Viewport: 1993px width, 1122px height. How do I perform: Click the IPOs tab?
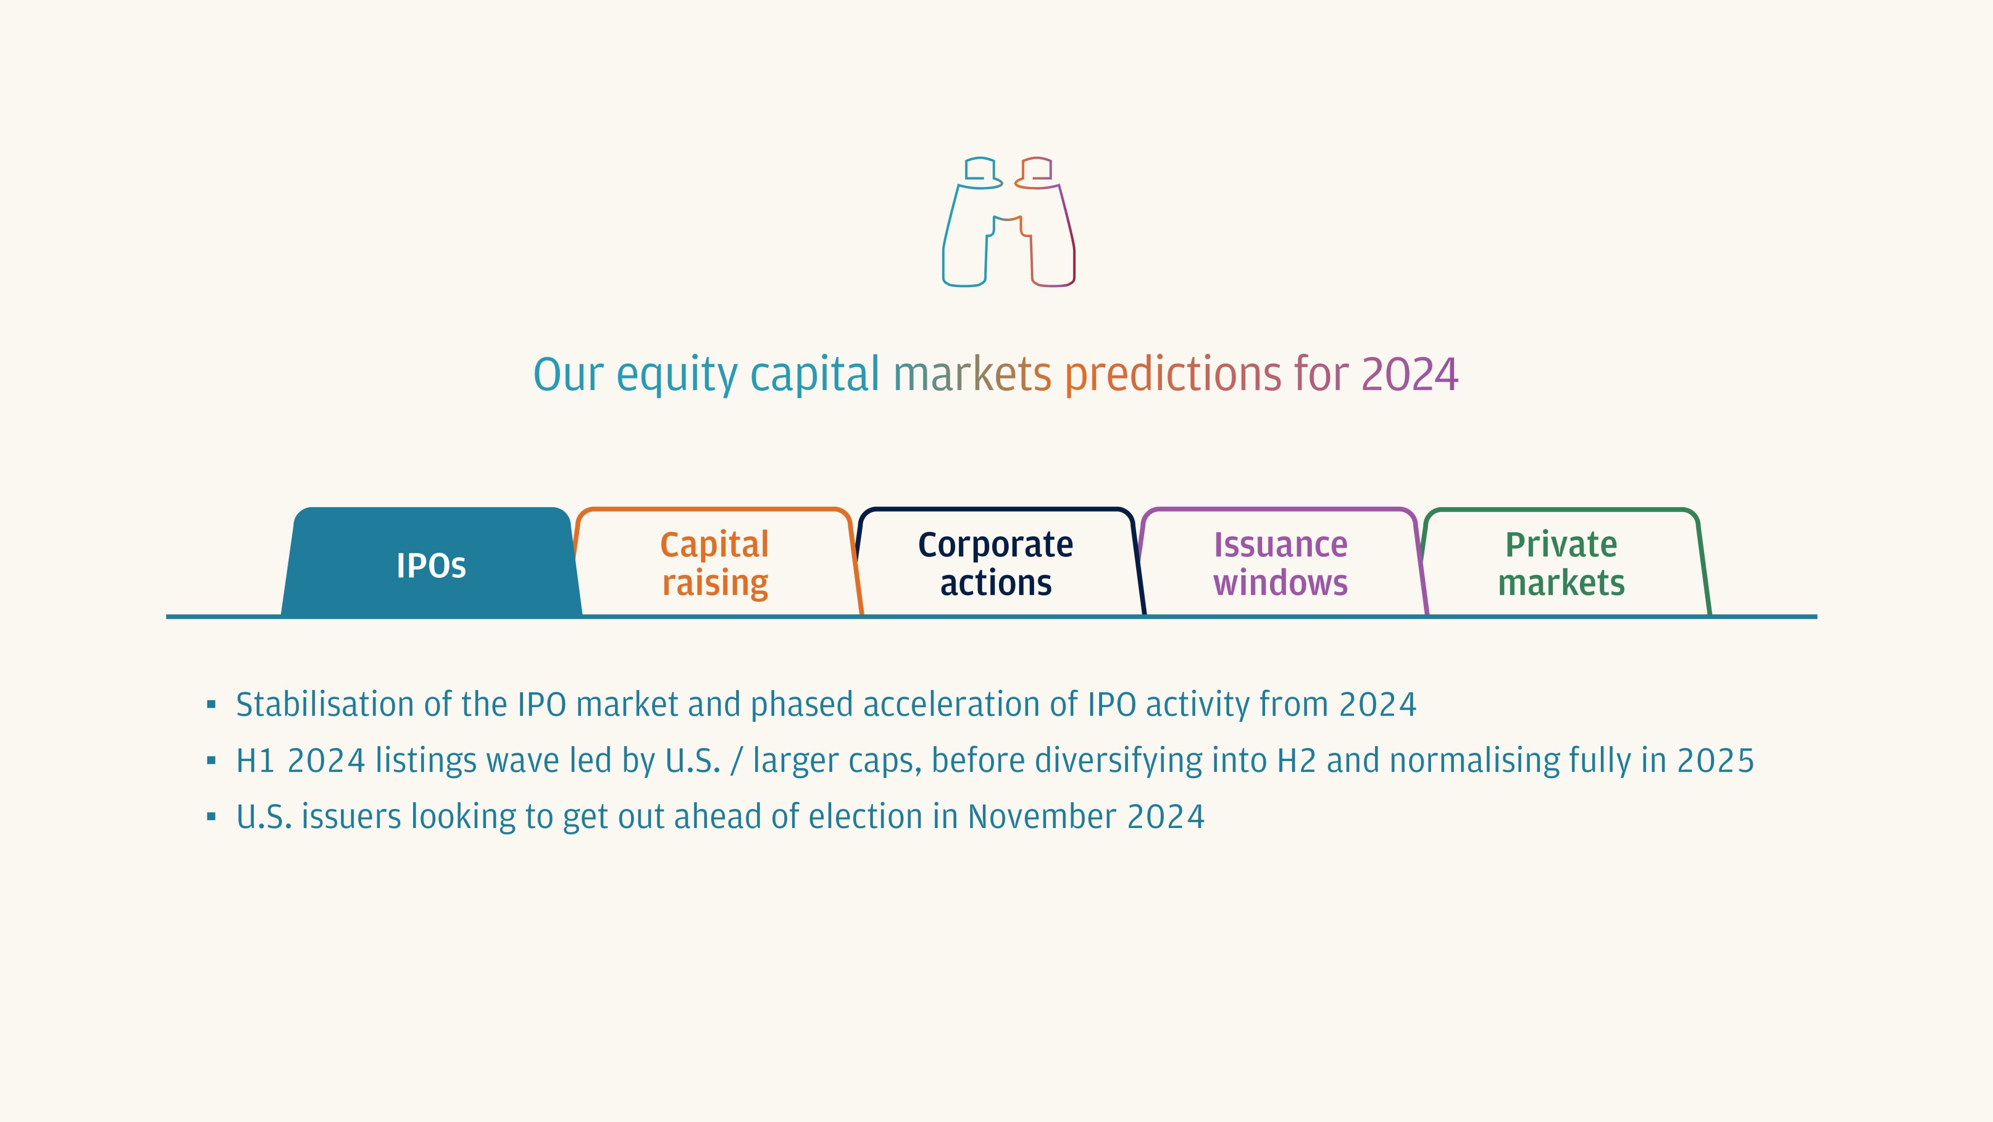click(x=431, y=563)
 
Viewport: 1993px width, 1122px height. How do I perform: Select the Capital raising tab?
click(x=715, y=563)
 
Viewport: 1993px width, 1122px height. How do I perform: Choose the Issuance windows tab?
click(x=1281, y=563)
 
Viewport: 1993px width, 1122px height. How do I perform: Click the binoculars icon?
click(x=1008, y=222)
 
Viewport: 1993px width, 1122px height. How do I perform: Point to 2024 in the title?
click(x=1410, y=374)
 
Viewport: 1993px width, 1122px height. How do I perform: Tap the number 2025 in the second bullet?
click(x=1715, y=761)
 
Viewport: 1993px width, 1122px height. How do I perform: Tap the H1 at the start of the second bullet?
click(x=256, y=761)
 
